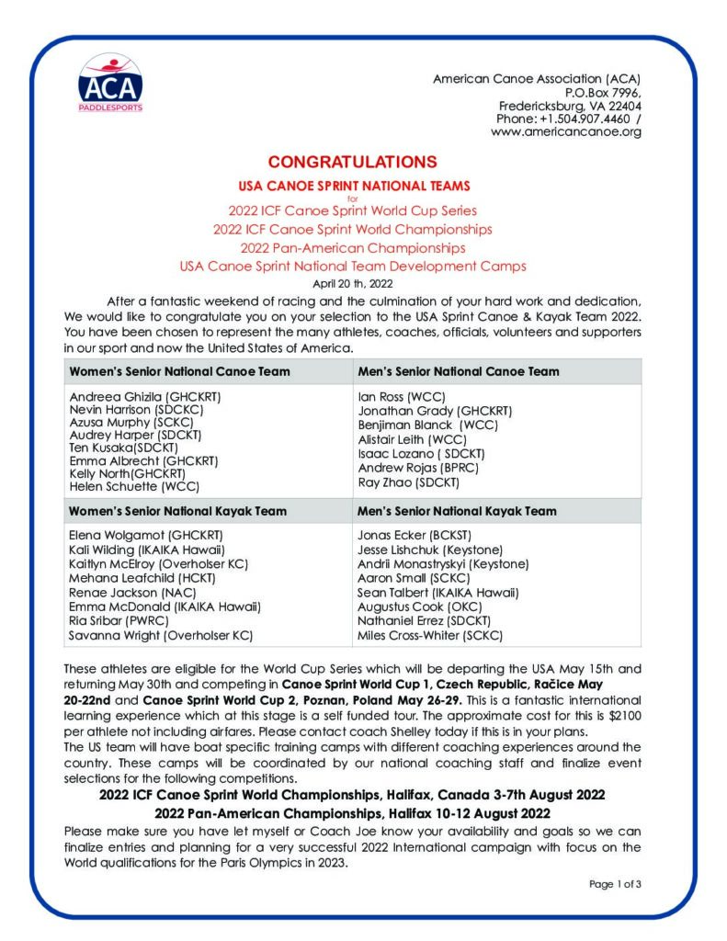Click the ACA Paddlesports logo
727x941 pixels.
(x=110, y=82)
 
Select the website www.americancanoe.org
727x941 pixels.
(x=565, y=131)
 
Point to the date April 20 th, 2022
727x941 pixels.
(x=353, y=283)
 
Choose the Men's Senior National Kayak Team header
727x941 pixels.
(x=457, y=511)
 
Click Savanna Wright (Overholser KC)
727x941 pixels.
(x=161, y=634)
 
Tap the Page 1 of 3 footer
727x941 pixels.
(x=615, y=884)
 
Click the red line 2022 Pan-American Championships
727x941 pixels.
(x=353, y=248)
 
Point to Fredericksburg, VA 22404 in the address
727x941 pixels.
(x=570, y=106)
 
